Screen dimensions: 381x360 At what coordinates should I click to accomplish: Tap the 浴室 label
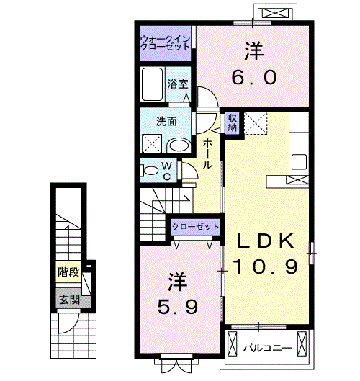[x=179, y=84]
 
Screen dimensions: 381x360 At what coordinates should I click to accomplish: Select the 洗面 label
[x=167, y=121]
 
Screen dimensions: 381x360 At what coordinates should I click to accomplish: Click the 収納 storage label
[x=233, y=122]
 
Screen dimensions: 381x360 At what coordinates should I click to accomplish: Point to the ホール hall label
[x=207, y=153]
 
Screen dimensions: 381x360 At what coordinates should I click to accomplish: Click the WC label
[x=166, y=171]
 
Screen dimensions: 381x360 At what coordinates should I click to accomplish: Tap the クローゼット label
[x=195, y=227]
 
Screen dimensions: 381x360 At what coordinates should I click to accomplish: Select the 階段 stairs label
[x=68, y=272]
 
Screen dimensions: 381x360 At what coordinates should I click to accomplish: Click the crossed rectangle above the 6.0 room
[x=277, y=13]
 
